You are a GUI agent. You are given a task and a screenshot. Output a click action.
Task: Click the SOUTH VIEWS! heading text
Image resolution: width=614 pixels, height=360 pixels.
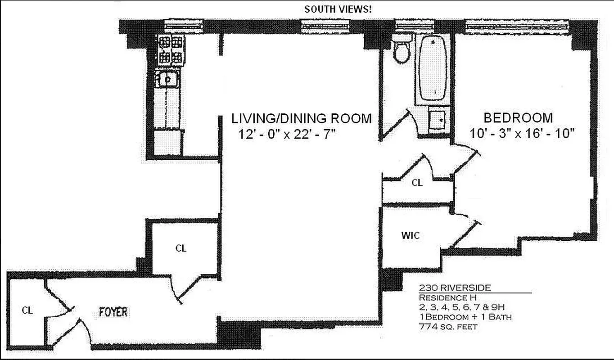click(338, 9)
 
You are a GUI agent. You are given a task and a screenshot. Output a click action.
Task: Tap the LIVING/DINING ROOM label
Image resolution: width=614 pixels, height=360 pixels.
click(301, 119)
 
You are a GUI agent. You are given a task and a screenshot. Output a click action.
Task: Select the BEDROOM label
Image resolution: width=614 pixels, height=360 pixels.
click(518, 118)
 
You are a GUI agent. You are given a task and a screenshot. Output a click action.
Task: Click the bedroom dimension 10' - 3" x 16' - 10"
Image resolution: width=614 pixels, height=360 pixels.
click(522, 134)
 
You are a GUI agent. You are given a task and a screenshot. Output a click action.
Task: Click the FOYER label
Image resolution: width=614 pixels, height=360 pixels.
click(113, 312)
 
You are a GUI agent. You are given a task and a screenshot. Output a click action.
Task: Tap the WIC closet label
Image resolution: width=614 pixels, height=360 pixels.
click(410, 235)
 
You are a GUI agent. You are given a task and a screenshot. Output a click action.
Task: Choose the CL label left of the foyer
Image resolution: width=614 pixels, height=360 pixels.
click(27, 310)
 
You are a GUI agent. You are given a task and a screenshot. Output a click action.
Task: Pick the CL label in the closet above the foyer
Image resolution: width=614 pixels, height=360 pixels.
click(181, 248)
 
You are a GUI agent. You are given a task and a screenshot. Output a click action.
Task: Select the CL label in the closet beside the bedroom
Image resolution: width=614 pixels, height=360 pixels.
click(417, 183)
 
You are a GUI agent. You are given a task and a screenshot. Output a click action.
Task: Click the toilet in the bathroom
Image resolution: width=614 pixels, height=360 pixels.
click(401, 50)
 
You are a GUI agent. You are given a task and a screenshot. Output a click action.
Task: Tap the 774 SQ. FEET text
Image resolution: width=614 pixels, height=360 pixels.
click(448, 326)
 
